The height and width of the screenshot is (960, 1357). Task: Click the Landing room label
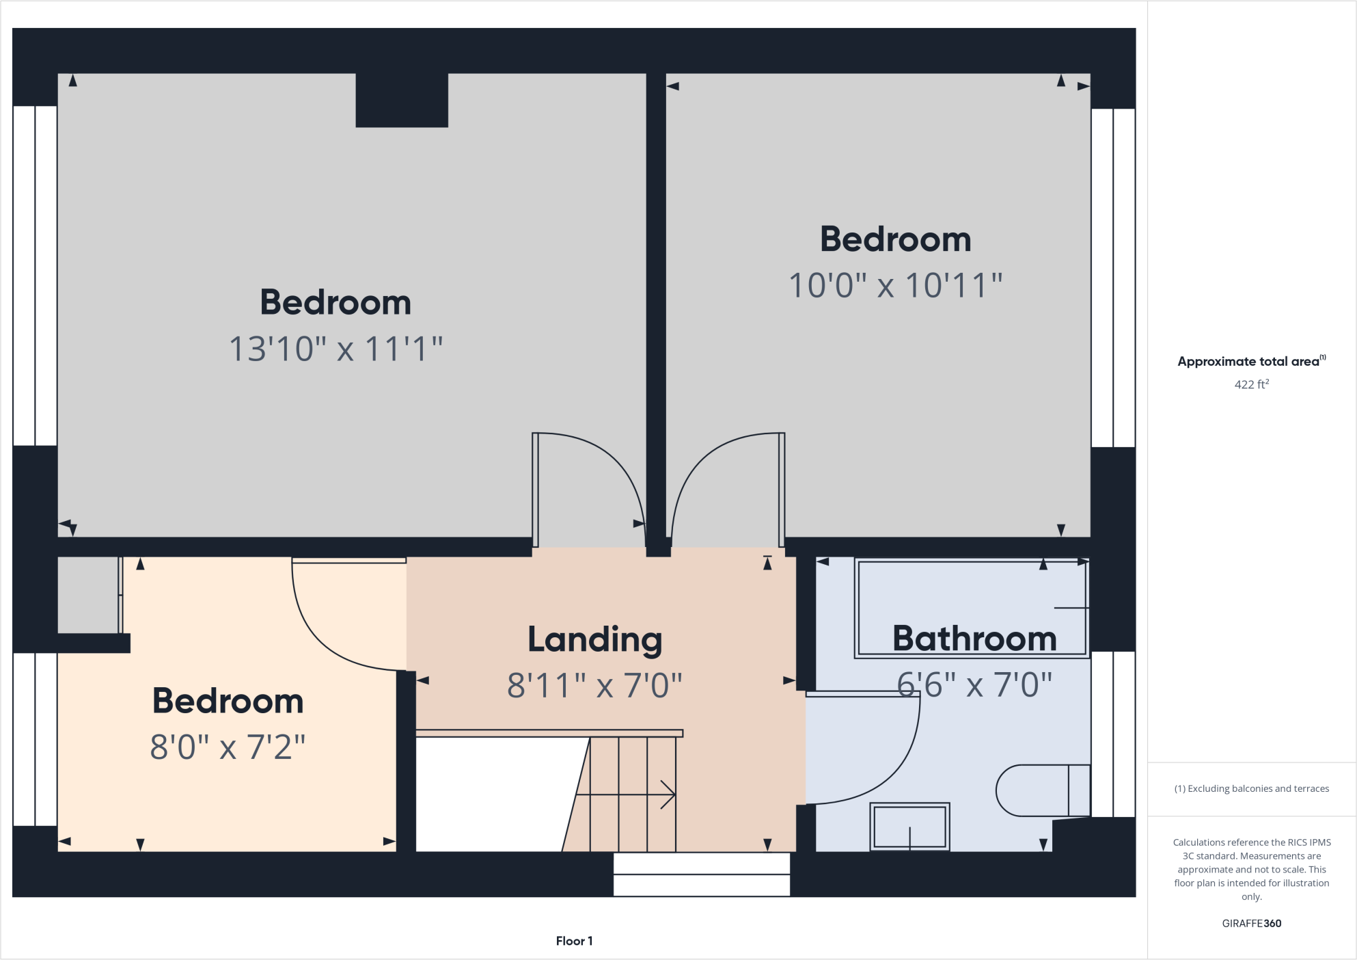594,640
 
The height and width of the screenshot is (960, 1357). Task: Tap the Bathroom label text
974,639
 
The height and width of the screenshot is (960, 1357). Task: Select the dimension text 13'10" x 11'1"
335,349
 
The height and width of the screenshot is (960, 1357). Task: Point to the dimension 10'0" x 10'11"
895,285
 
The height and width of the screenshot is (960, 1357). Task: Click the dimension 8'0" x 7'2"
228,747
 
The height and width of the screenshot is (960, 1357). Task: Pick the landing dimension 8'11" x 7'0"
594,685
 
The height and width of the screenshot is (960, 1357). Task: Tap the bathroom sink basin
909,826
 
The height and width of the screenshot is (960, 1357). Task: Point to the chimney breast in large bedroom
402,100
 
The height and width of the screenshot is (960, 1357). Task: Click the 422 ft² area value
1251,384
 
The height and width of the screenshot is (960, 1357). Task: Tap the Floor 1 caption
574,941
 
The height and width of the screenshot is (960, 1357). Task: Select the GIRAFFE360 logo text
1251,923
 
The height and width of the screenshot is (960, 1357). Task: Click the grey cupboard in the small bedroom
87,595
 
